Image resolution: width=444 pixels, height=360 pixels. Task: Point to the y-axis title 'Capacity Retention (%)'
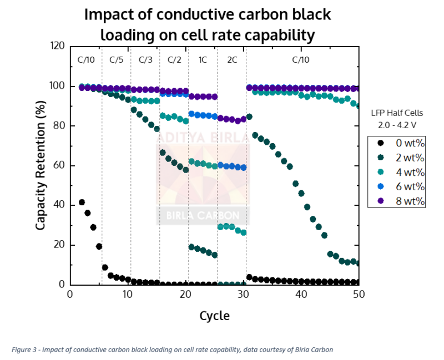pyautogui.click(x=41, y=165)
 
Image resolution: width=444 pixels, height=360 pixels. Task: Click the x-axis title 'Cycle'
pyautogui.click(x=214, y=316)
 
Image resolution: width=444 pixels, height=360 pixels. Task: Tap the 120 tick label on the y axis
pyautogui.click(x=57, y=46)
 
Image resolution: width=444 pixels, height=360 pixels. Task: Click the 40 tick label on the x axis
pyautogui.click(x=301, y=295)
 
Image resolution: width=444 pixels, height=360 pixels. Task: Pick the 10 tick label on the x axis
pyautogui.click(x=128, y=295)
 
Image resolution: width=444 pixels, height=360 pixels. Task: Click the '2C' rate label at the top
pyautogui.click(x=232, y=60)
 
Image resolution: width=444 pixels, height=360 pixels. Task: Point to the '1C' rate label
pyautogui.click(x=203, y=60)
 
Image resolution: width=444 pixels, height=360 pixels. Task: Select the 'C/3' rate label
pyautogui.click(x=145, y=60)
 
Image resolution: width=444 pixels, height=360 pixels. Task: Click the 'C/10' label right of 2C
pyautogui.click(x=301, y=60)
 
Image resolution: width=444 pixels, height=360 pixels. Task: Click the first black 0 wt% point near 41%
pyautogui.click(x=82, y=202)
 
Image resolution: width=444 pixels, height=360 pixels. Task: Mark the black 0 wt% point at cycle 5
pyautogui.click(x=99, y=246)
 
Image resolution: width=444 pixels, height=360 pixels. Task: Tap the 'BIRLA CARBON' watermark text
pyautogui.click(x=203, y=216)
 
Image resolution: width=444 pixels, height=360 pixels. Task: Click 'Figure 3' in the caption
pyautogui.click(x=24, y=349)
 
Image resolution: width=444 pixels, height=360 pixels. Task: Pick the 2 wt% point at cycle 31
pyautogui.click(x=249, y=117)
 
